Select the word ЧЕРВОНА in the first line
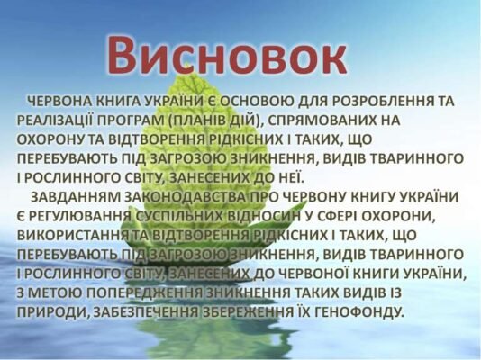point(62,101)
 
